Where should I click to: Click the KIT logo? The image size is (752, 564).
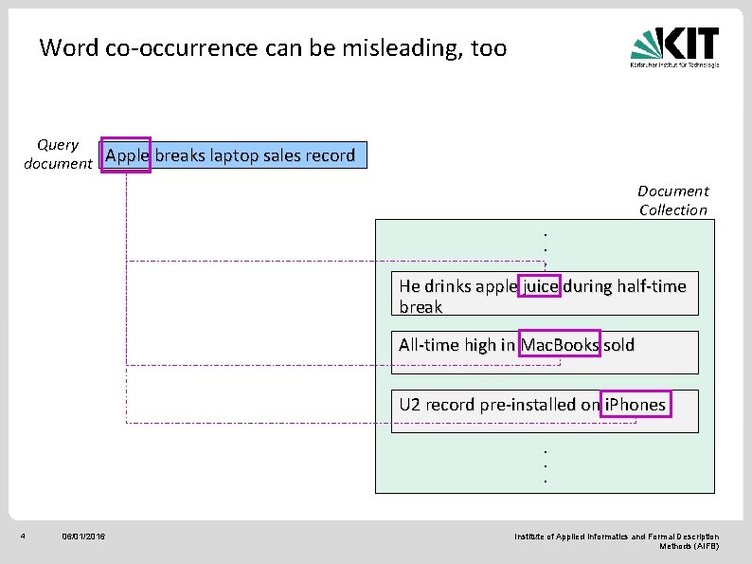[674, 45]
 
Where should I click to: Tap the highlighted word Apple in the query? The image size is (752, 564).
[128, 155]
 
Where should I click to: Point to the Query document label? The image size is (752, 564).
[58, 154]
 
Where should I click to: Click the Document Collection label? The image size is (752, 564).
[672, 200]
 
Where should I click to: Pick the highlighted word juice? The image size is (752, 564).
[540, 285]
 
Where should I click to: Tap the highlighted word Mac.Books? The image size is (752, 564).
[560, 345]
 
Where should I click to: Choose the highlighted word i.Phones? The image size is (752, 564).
[635, 405]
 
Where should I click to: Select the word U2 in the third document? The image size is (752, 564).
[409, 405]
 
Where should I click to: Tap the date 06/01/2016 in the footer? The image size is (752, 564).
[83, 537]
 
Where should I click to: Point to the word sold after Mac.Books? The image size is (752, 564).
[618, 345]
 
